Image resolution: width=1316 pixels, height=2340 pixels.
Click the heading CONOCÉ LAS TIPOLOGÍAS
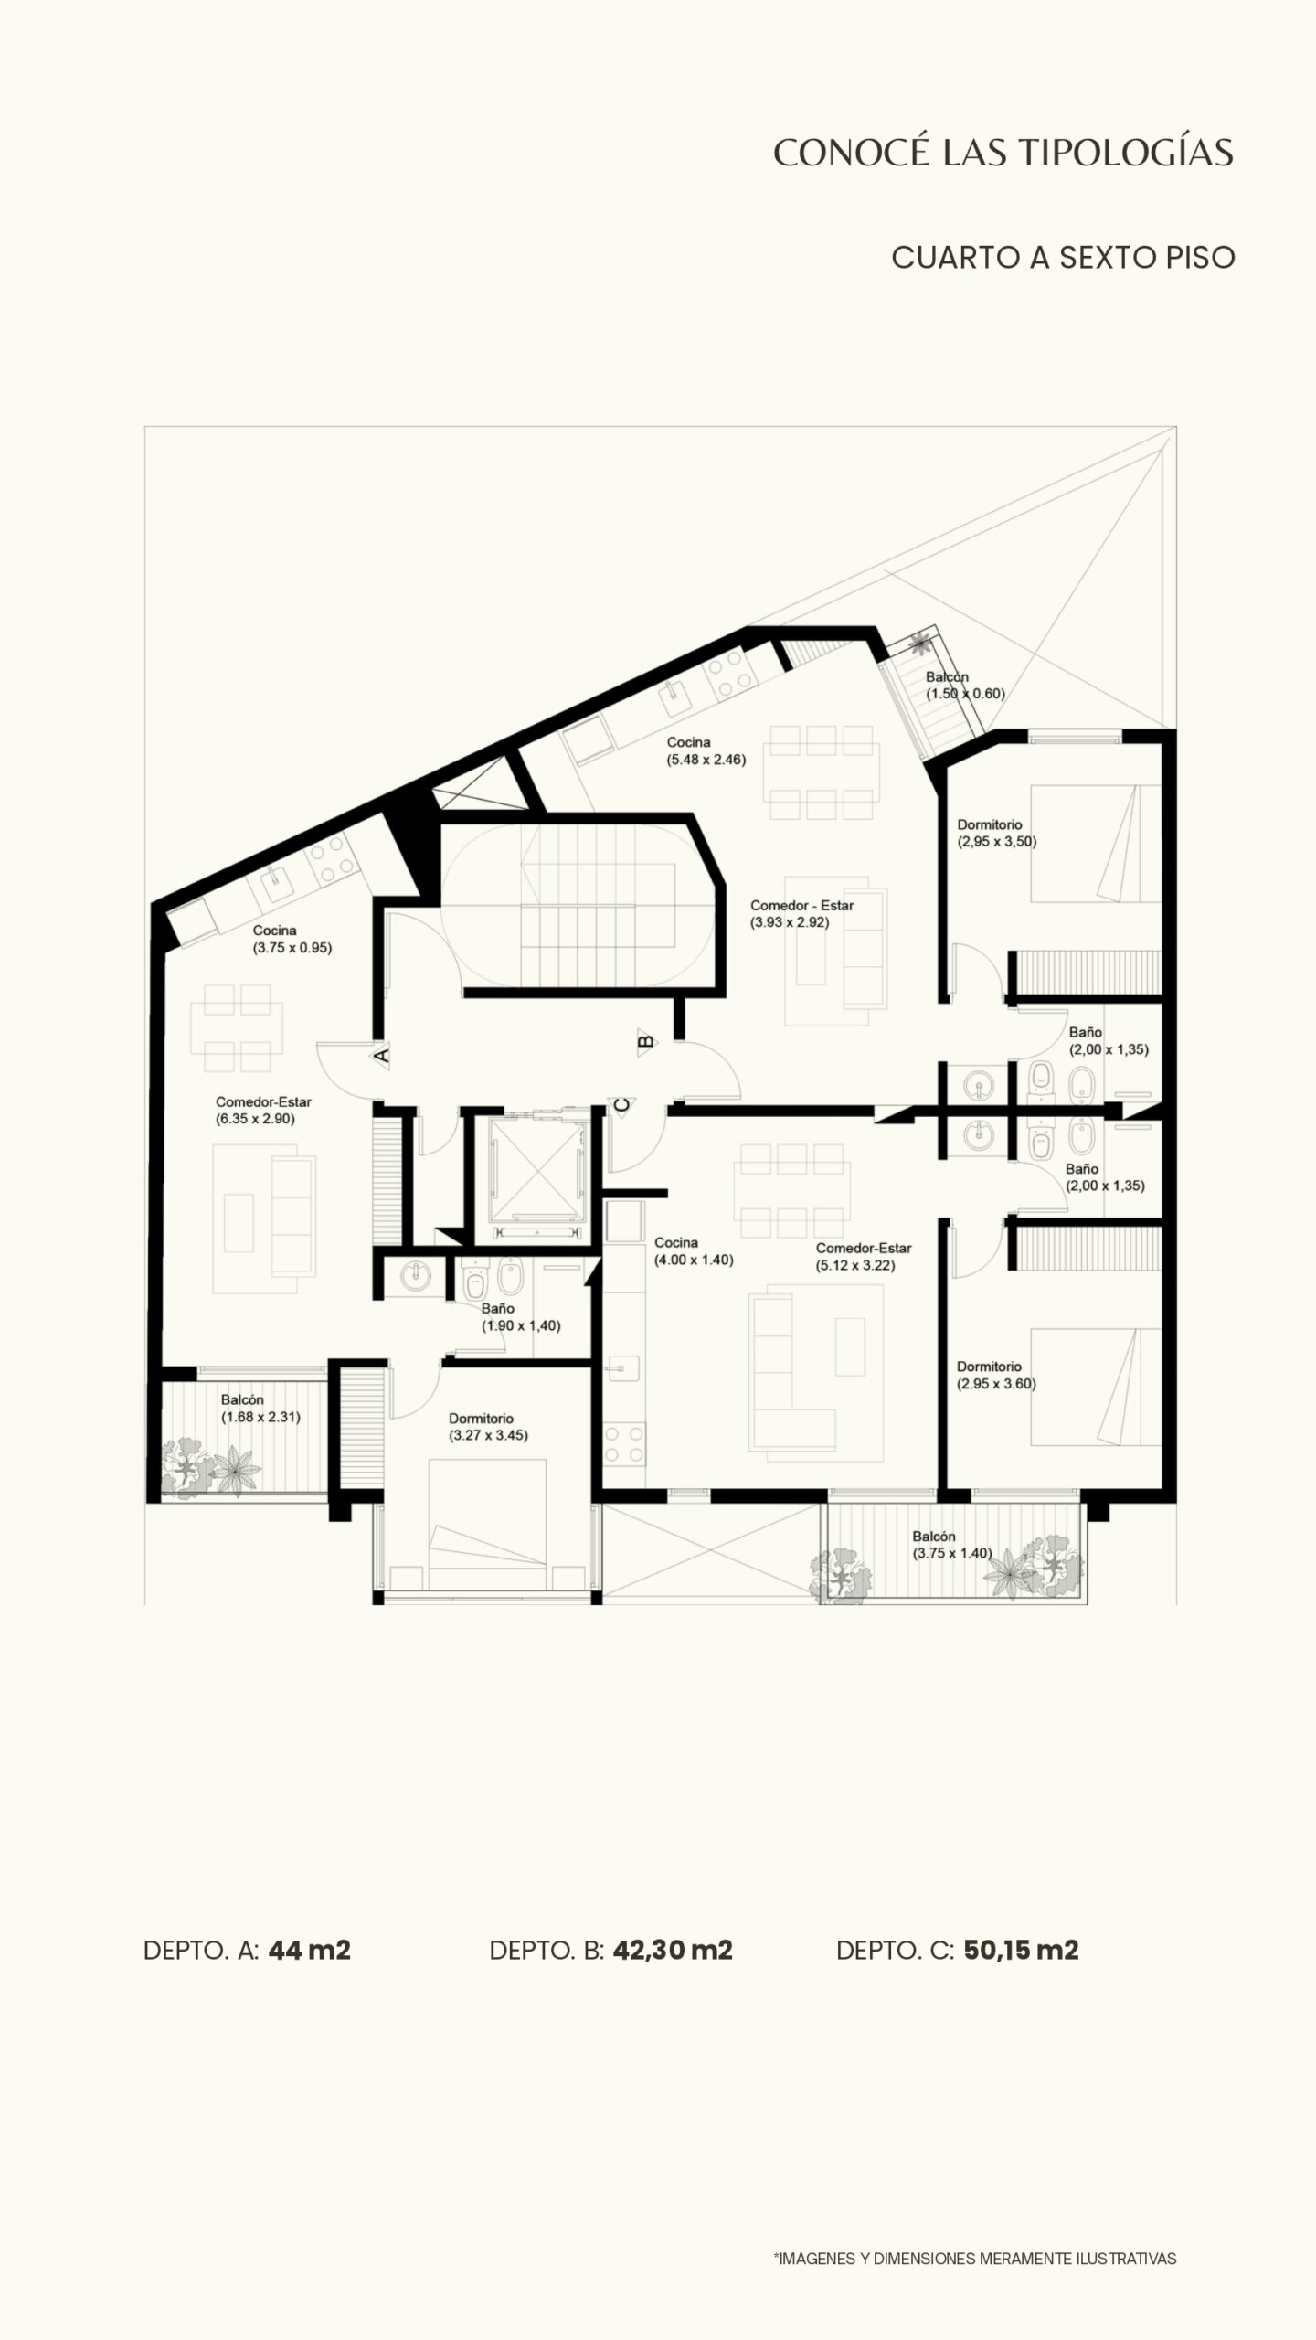click(x=1003, y=153)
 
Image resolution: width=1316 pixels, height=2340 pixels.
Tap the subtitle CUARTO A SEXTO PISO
click(x=1064, y=258)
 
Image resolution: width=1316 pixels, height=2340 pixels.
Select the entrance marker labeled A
click(x=382, y=1055)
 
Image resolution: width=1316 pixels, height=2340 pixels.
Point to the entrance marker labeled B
click(x=646, y=1040)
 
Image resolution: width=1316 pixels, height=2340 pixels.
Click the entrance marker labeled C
click(x=621, y=1105)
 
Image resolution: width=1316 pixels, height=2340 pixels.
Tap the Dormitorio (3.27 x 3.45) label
click(x=488, y=1427)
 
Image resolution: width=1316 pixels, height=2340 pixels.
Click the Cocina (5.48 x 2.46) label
click(x=706, y=750)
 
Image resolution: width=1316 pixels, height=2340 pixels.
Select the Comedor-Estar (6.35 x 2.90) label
click(x=263, y=1110)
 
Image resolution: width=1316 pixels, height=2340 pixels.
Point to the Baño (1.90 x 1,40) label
click(x=521, y=1317)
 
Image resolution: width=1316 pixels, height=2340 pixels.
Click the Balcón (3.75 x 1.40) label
click(x=952, y=1545)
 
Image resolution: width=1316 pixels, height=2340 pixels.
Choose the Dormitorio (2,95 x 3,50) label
click(x=997, y=833)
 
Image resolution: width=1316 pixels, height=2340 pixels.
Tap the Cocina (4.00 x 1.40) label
click(x=694, y=1250)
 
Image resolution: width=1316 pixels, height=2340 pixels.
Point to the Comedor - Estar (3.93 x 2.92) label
click(x=801, y=914)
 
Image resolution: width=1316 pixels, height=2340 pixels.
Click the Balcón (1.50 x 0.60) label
click(x=965, y=685)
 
